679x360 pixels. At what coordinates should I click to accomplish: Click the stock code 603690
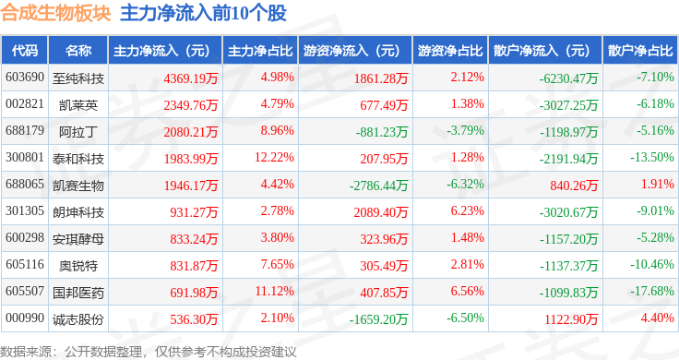point(25,78)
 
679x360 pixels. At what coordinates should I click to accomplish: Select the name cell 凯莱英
point(78,105)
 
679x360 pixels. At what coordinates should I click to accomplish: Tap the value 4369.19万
point(191,78)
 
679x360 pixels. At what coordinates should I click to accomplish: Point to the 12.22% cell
point(274,157)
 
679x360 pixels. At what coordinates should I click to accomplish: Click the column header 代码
point(25,51)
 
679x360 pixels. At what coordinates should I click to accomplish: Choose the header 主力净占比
point(260,51)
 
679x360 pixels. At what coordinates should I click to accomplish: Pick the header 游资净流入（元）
point(351,51)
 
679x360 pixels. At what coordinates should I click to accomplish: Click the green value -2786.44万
point(378,186)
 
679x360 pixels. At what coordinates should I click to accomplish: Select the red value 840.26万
point(574,186)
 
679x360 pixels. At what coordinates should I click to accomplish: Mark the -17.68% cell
point(651,291)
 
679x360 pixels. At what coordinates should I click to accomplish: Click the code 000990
point(25,318)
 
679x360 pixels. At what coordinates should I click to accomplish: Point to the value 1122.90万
point(571,319)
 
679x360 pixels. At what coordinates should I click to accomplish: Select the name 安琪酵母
point(78,239)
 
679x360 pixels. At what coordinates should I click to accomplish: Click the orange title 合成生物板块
point(56,13)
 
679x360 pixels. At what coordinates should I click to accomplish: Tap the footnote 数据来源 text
point(26,352)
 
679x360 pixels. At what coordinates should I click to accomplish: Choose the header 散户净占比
point(640,51)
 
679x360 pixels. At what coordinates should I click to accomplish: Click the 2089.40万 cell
point(381,212)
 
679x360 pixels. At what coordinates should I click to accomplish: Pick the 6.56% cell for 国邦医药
point(467,291)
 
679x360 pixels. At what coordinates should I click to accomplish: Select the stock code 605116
point(25,264)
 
